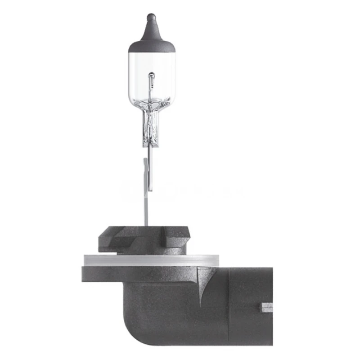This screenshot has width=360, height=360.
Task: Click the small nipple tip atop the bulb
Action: click(151, 18)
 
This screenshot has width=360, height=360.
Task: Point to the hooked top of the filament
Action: click(151, 75)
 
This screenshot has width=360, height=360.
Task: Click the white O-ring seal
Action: click(151, 260)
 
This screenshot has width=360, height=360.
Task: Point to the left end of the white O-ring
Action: click(86, 260)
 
